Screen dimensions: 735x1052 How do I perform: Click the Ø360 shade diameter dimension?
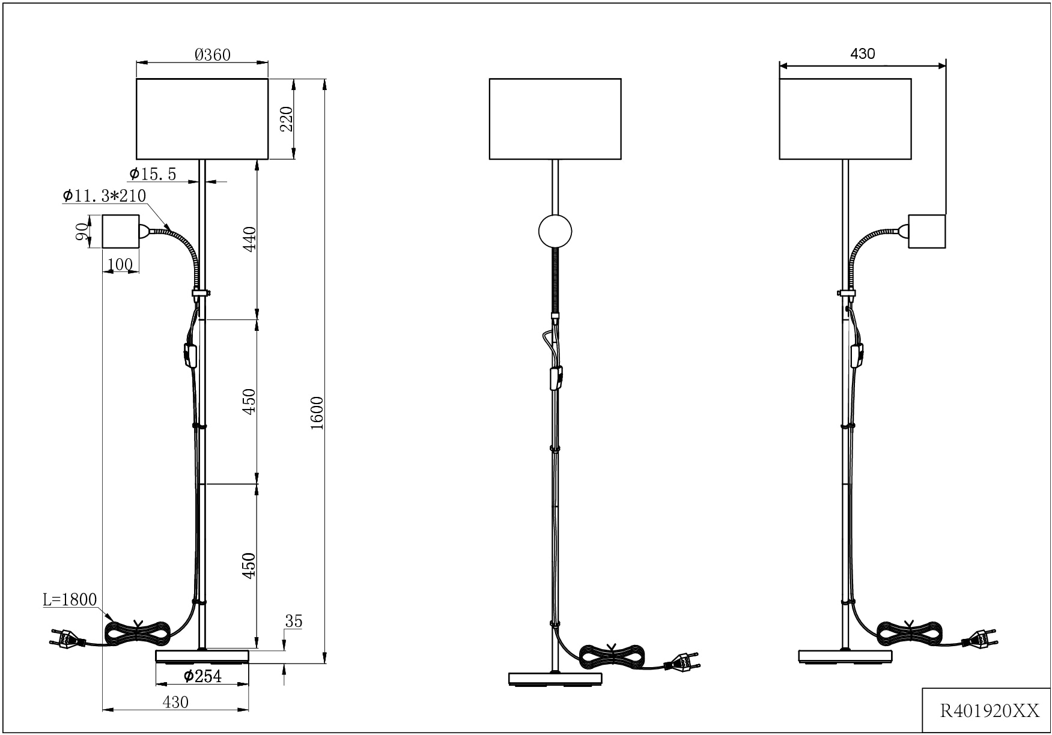[x=213, y=55]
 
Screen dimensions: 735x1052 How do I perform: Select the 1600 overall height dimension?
[x=317, y=413]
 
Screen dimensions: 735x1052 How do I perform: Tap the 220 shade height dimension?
[x=287, y=119]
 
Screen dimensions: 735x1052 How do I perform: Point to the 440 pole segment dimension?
[x=250, y=238]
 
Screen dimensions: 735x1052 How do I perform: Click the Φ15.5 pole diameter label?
[x=153, y=174]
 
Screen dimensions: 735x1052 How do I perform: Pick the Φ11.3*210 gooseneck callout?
[x=105, y=196]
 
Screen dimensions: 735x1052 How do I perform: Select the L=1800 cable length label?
[x=70, y=599]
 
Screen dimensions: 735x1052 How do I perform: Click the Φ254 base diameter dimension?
[x=202, y=676]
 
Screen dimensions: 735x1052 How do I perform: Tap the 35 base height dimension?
[x=293, y=622]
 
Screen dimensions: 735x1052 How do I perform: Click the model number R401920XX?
[x=989, y=712]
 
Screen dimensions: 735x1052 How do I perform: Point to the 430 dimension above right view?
[x=862, y=53]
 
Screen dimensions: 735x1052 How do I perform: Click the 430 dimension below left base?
[x=175, y=702]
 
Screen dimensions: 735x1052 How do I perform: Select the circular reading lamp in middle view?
[x=555, y=231]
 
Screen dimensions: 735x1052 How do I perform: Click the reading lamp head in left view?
[x=121, y=231]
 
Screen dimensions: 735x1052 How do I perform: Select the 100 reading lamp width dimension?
[x=120, y=264]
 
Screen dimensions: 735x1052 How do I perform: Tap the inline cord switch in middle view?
[x=556, y=378]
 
